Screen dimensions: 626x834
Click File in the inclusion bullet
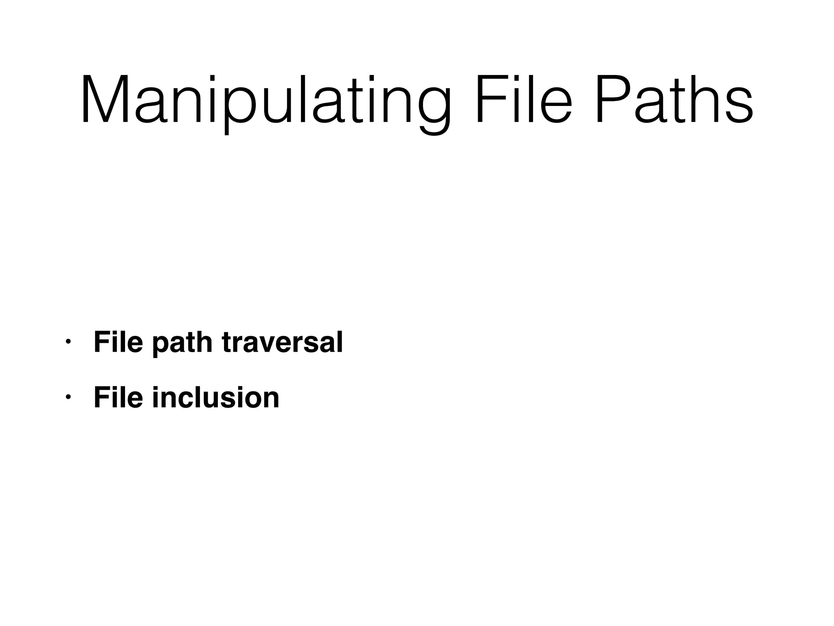click(118, 397)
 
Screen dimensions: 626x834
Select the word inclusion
click(216, 398)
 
